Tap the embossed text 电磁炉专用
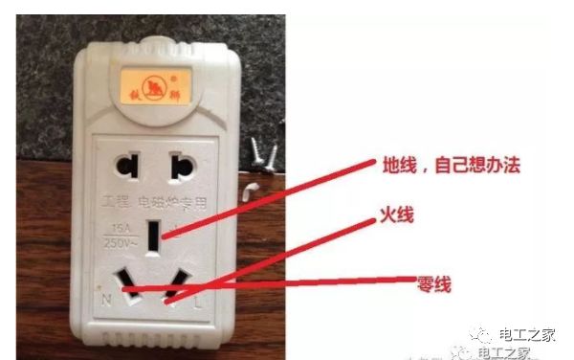(166, 202)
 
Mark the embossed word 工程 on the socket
(118, 203)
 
